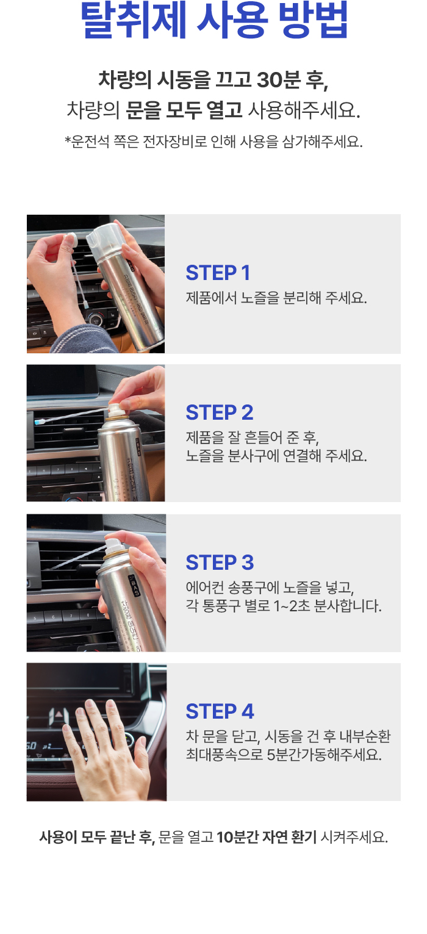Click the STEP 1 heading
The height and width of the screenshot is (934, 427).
point(218,273)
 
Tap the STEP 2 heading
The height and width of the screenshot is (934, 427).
point(220,413)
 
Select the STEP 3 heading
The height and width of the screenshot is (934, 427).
point(220,562)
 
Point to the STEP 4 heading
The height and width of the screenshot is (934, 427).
point(220,711)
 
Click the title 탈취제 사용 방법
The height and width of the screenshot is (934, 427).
point(214,20)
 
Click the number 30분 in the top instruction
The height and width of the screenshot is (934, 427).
point(278,80)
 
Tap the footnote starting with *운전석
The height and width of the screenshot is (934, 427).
point(213,142)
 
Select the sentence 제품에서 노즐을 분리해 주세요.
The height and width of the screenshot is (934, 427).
point(276,298)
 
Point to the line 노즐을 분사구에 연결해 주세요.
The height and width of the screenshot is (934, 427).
point(276,456)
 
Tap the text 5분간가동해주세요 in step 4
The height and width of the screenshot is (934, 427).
point(323,754)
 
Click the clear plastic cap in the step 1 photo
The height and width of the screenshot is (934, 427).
point(103,241)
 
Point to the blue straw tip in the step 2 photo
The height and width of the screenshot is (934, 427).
point(40,422)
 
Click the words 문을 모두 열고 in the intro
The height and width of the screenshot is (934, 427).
point(184,110)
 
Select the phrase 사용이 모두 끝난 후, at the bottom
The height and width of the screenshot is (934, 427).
point(97,837)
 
